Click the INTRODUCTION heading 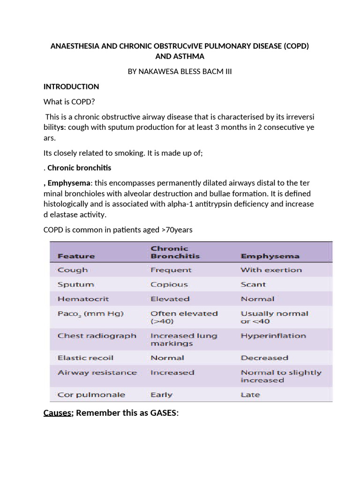tap(71, 87)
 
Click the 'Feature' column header tap(76, 256)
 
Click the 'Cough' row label tap(72, 270)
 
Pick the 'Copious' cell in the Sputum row tap(169, 285)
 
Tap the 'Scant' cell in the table tap(253, 285)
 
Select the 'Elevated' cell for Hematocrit tap(170, 299)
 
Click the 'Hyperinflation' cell tap(273, 336)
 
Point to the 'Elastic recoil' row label tap(85, 358)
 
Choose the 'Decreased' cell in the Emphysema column tap(264, 358)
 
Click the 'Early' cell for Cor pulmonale tap(161, 395)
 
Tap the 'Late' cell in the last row tap(250, 395)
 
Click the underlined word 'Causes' tap(56, 413)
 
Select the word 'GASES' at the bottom tap(162, 413)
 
